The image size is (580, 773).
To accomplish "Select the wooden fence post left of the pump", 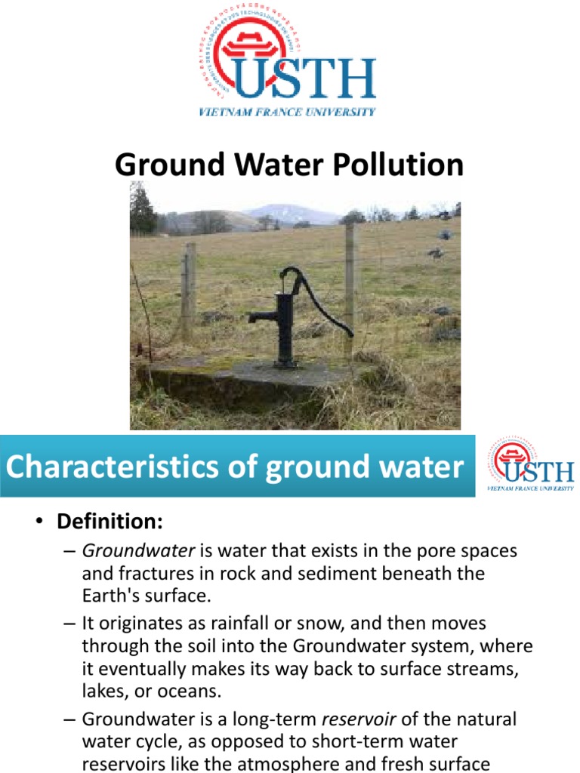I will click(x=188, y=291).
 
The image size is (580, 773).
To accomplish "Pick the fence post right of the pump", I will click(x=350, y=287).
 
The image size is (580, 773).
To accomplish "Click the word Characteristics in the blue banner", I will click(x=110, y=467).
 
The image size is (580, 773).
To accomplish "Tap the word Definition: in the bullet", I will click(x=110, y=521).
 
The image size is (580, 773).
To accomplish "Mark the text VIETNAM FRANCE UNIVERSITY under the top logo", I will click(x=287, y=112).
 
